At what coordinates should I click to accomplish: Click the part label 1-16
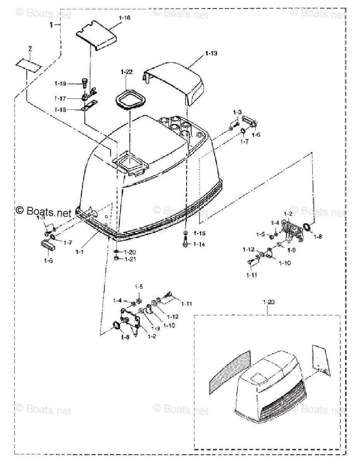[125, 18]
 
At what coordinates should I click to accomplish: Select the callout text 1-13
[211, 53]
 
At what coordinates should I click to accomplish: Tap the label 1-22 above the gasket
[126, 72]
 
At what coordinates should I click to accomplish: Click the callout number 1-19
[61, 83]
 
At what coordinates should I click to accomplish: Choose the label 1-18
[61, 110]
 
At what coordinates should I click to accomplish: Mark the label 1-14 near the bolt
[199, 244]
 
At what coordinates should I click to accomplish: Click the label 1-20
[131, 252]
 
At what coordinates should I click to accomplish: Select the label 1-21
[131, 259]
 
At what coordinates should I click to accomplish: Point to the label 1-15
[199, 233]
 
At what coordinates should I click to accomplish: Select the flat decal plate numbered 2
[28, 65]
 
